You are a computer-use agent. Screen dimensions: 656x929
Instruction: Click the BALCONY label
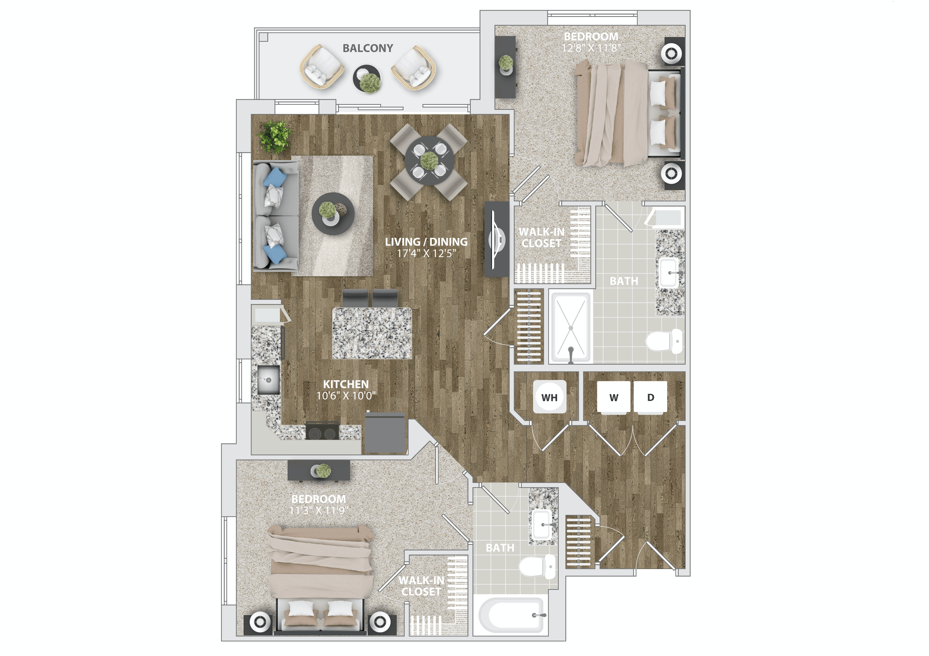coord(367,48)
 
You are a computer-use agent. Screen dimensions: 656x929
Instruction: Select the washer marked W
coord(613,397)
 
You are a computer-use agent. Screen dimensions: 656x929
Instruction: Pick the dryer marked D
coord(650,397)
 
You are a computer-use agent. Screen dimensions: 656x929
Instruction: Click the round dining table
coord(429,160)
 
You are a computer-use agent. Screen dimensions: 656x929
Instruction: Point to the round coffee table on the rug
coord(333,213)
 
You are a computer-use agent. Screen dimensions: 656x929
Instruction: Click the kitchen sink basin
coord(268,380)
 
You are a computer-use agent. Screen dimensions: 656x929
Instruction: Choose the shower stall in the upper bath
coord(570,327)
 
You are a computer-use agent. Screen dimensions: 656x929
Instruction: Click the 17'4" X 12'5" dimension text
coord(426,254)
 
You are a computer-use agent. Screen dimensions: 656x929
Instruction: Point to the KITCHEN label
coord(346,384)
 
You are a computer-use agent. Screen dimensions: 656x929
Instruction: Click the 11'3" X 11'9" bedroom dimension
coord(319,510)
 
